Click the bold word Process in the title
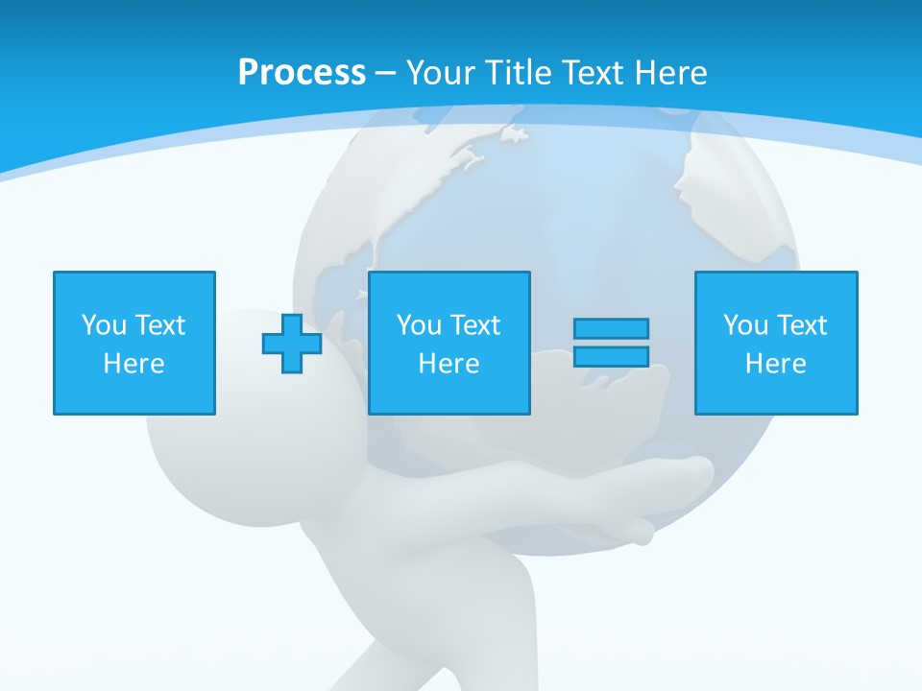(x=302, y=73)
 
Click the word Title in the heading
(x=516, y=73)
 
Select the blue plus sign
(x=292, y=344)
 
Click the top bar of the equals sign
(x=611, y=328)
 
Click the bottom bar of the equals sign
(x=611, y=357)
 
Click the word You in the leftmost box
(x=104, y=325)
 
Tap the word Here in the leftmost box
(x=134, y=364)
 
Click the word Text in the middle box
(x=475, y=325)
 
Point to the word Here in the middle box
(x=449, y=364)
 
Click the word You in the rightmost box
(x=745, y=325)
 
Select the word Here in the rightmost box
(x=776, y=364)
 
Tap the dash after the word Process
(x=385, y=73)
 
